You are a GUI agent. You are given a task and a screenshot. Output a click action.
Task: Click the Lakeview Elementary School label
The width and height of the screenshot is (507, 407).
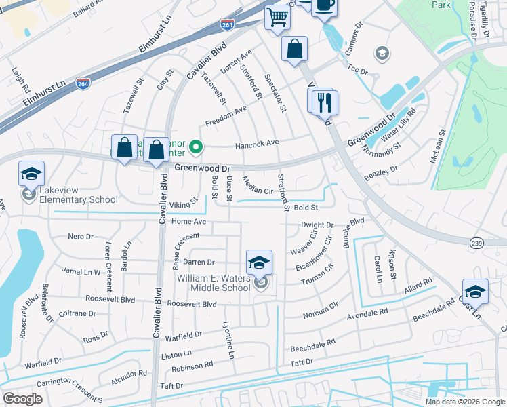pos(78,195)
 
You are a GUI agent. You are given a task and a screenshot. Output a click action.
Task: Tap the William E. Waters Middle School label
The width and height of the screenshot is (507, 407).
pos(214,283)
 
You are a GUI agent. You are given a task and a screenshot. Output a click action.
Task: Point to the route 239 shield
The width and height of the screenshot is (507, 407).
pos(476,242)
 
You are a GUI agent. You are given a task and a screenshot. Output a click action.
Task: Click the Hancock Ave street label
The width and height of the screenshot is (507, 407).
pos(257,144)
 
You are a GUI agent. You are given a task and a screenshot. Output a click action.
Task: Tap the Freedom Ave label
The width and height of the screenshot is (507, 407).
pos(226,117)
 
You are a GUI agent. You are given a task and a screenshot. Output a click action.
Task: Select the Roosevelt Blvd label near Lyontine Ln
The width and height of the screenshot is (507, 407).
pos(190,305)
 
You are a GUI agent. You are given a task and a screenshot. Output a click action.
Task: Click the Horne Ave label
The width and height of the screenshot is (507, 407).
pos(188,222)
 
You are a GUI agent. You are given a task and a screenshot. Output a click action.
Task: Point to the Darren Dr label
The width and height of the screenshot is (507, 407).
pos(199,262)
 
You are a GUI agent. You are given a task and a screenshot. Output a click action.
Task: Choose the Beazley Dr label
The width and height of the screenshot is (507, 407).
pos(381,173)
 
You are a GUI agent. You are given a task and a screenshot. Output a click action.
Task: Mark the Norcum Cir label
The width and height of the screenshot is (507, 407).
pos(321,311)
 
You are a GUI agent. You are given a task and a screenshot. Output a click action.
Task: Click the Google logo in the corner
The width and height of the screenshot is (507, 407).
pos(22,398)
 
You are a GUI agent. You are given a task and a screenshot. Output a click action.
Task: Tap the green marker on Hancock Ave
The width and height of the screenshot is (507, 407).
pos(197,146)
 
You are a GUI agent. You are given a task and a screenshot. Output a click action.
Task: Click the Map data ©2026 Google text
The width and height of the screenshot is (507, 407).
pos(465,402)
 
